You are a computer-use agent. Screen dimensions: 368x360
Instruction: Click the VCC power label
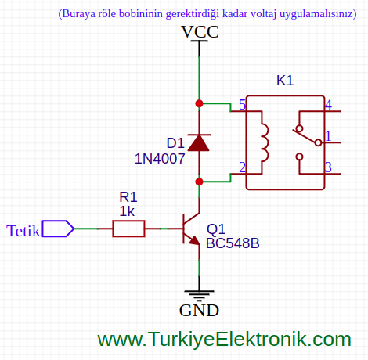tap(200, 32)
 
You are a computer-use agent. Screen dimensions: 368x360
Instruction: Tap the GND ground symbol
tap(199, 295)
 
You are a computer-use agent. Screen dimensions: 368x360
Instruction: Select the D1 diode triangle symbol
tap(199, 142)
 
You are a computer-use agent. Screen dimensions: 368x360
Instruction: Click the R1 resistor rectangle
tap(128, 229)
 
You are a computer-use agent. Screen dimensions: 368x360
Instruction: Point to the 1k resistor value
tap(127, 211)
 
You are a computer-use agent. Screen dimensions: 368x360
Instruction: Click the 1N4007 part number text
tap(160, 159)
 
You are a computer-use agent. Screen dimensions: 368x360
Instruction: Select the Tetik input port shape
tap(58, 229)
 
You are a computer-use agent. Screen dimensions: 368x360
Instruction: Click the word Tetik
tap(23, 231)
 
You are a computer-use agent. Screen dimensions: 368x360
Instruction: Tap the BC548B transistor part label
tap(233, 243)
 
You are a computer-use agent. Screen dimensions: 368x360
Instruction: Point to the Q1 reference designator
tap(216, 229)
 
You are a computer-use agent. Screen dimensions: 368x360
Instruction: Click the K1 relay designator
tap(285, 81)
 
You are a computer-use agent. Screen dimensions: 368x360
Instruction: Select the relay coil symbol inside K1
tap(265, 142)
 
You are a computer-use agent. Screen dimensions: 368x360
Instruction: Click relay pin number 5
tap(243, 105)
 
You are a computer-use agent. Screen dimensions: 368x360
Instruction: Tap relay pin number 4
tap(328, 105)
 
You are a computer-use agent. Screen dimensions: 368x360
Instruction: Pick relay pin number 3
tap(328, 167)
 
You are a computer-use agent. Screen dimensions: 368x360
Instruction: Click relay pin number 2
tap(243, 167)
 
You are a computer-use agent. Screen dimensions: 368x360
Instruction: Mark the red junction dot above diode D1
tap(199, 103)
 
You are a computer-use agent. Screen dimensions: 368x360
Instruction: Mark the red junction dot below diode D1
tap(199, 182)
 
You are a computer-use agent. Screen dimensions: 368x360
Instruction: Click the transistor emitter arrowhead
tap(195, 240)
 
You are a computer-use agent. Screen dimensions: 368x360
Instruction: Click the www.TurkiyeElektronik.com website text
tap(224, 339)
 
